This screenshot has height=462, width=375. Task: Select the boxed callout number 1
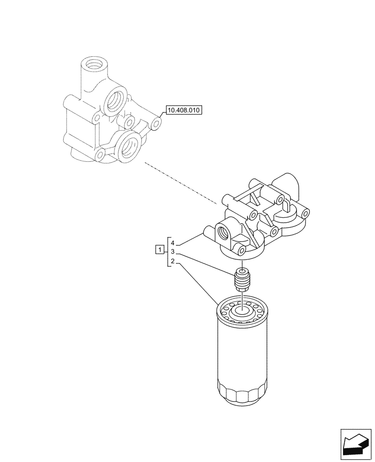tap(159, 250)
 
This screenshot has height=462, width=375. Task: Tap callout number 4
tap(172, 243)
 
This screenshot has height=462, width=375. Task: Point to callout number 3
tap(172, 252)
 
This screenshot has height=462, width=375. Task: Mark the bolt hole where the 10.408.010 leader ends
tap(157, 123)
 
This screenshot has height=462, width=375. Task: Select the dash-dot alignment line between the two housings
tap(180, 183)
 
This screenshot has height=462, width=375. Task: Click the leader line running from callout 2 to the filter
tap(199, 283)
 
